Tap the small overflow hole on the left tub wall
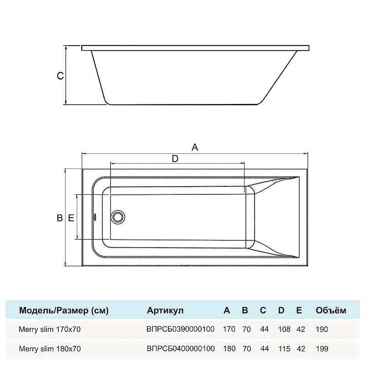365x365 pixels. (94, 217)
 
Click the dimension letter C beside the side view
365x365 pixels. (60, 76)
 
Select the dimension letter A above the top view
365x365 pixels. (195, 147)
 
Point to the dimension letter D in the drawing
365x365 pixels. (175, 158)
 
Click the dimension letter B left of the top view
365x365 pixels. (60, 218)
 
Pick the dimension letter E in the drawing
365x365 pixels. (71, 218)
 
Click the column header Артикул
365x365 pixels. (165, 310)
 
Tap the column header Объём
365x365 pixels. (331, 310)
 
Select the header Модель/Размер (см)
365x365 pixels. (64, 310)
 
